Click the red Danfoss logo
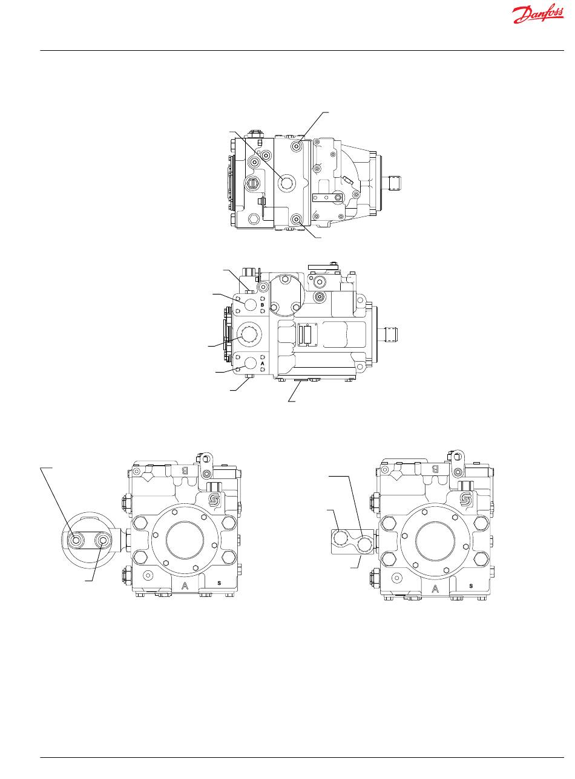pos(537,15)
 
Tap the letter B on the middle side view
pos(263,305)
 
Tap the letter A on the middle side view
pos(263,363)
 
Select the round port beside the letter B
pos(250,305)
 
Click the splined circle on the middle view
pos(248,335)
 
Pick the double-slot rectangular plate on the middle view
pos(307,335)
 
